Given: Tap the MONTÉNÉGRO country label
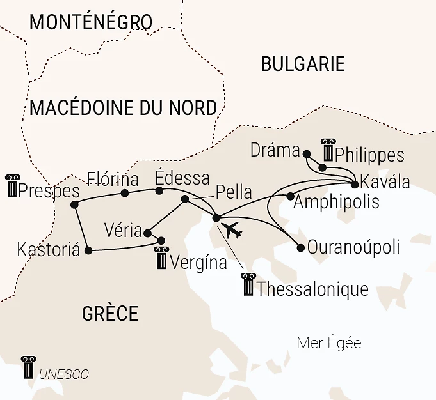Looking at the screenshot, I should pyautogui.click(x=90, y=22).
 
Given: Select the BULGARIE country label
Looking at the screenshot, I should pyautogui.click(x=303, y=64).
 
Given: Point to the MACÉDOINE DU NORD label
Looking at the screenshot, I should pyautogui.click(x=123, y=107).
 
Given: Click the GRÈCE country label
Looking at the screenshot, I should pyautogui.click(x=109, y=313).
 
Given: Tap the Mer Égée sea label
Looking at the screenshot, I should pyautogui.click(x=329, y=343).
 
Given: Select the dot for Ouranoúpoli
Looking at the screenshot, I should pyautogui.click(x=301, y=248).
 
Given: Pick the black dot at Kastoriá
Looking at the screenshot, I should pyautogui.click(x=88, y=250).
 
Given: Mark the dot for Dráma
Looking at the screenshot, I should pyautogui.click(x=307, y=154).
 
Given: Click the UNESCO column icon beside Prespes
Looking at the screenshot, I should pyautogui.click(x=12, y=186).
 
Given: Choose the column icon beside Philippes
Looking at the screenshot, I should pyautogui.click(x=328, y=150).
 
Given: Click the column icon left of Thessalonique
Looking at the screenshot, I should pyautogui.click(x=247, y=285).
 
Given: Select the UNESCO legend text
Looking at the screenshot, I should pyautogui.click(x=64, y=374).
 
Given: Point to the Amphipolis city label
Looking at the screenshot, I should pyautogui.click(x=336, y=203).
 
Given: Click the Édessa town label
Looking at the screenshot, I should pyautogui.click(x=183, y=177).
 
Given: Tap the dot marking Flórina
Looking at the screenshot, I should pyautogui.click(x=125, y=193).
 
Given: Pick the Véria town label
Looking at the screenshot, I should pyautogui.click(x=124, y=230).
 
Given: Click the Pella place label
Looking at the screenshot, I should pyautogui.click(x=234, y=192).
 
